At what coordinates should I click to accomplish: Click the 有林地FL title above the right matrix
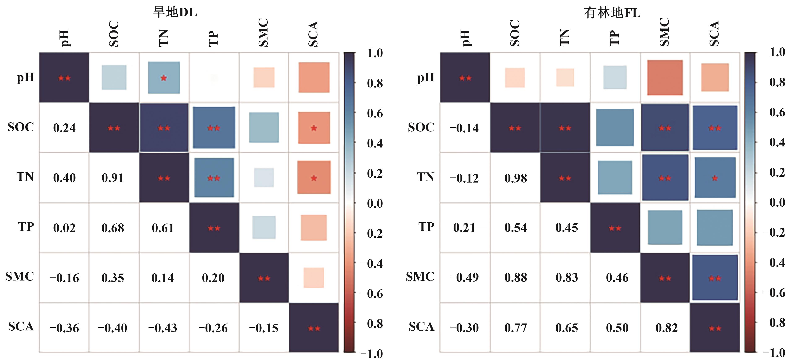[x=612, y=13]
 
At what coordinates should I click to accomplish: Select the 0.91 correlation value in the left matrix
[x=113, y=178]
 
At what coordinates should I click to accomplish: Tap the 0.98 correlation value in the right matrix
[x=516, y=178]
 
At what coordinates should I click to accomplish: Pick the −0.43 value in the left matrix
[x=163, y=328]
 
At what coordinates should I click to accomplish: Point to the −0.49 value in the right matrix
[x=464, y=278]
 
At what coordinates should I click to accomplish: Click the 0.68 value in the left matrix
[x=113, y=228]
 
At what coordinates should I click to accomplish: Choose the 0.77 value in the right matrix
[x=516, y=328]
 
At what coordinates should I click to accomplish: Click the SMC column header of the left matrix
[x=264, y=33]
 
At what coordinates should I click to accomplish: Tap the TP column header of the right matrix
[x=614, y=38]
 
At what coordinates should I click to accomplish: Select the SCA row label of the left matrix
[x=21, y=327]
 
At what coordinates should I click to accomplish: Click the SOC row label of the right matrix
[x=421, y=127]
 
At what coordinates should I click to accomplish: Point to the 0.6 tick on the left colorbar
[x=375, y=113]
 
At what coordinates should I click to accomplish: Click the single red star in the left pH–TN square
[x=164, y=78]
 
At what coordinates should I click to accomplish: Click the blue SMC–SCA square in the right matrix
[x=715, y=278]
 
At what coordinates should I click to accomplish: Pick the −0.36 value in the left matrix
[x=64, y=328]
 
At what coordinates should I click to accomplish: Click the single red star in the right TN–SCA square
[x=715, y=178]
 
